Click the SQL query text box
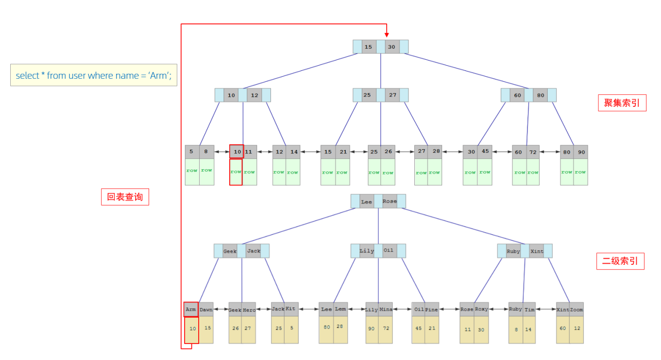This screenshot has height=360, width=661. click(93, 76)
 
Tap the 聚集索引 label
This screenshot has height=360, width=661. click(622, 103)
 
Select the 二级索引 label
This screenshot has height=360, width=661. click(620, 261)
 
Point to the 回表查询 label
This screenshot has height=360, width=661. click(125, 197)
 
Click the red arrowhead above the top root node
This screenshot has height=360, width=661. click(387, 34)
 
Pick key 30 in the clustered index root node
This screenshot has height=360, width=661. click(391, 47)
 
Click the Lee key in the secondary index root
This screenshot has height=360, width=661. click(367, 202)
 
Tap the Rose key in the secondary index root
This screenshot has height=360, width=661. click(390, 202)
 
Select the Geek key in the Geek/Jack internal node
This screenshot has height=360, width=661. click(230, 251)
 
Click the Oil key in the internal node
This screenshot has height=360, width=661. click(389, 251)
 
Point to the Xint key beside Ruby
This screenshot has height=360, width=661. click(537, 251)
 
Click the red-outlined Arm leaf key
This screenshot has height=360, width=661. click(191, 309)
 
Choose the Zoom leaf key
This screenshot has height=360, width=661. click(576, 309)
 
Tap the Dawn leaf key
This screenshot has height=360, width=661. click(206, 309)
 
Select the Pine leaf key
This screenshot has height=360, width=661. click(431, 309)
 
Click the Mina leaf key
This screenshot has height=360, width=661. click(386, 309)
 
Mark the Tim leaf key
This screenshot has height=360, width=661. click(529, 309)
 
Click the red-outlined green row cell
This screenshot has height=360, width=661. click(236, 172)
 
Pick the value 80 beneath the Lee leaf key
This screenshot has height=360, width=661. click(326, 327)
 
